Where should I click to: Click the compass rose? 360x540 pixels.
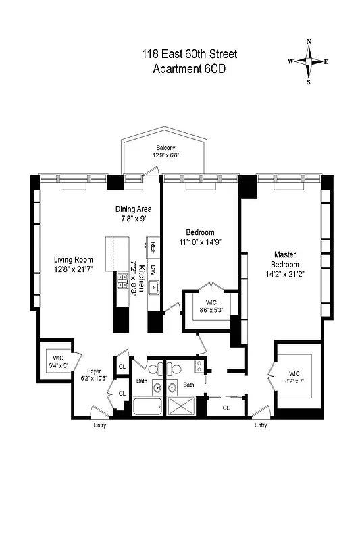(309, 61)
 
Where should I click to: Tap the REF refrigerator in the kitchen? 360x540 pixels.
(154, 247)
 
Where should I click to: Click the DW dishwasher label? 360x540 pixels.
(154, 269)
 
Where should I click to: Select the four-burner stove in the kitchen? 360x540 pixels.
(122, 281)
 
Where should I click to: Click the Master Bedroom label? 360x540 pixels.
(284, 259)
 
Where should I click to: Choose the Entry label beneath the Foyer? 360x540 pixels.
(99, 425)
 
